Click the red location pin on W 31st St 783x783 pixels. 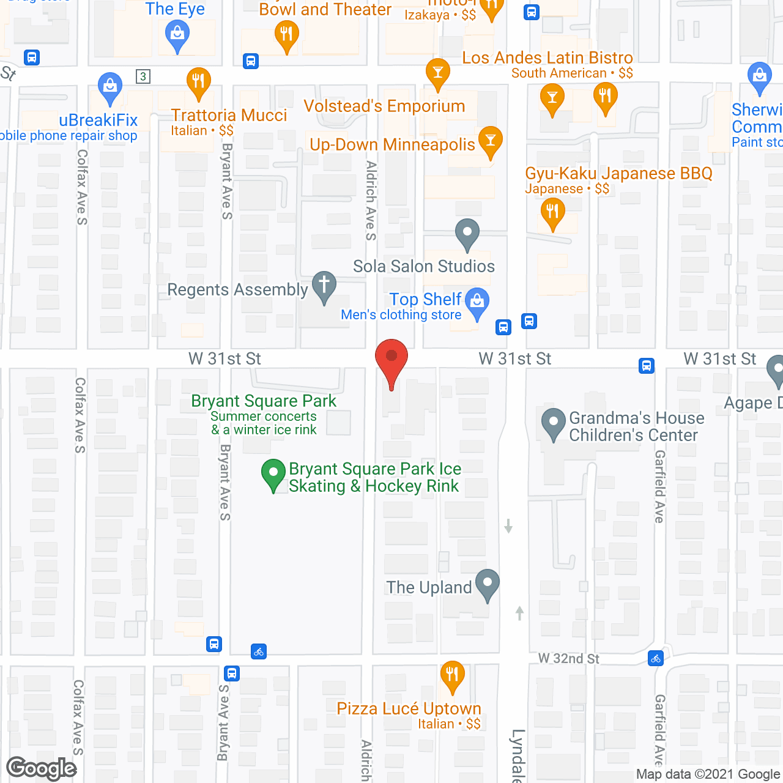391,357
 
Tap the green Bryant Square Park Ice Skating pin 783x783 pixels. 273,473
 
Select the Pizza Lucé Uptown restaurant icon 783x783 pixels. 452,675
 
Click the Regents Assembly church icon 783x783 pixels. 324,285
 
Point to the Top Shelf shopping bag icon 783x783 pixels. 477,301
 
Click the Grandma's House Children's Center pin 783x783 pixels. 554,422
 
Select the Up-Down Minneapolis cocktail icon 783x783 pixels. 490,141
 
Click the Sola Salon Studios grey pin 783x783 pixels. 467,233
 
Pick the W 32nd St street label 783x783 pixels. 568,658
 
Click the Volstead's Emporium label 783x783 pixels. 384,106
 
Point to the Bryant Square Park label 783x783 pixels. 264,401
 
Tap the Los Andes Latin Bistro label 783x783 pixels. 547,58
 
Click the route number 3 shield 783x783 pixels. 143,76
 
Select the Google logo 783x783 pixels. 42,768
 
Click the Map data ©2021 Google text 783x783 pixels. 708,774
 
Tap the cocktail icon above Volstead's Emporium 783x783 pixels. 437,72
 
